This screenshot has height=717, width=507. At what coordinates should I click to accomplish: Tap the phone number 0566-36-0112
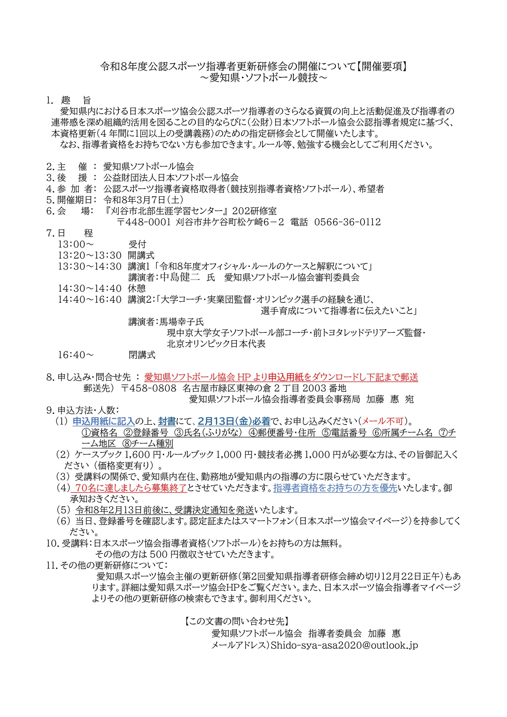click(x=347, y=222)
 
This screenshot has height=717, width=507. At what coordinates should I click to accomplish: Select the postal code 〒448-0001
click(x=144, y=222)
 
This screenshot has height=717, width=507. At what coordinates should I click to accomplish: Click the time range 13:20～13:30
click(x=90, y=255)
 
